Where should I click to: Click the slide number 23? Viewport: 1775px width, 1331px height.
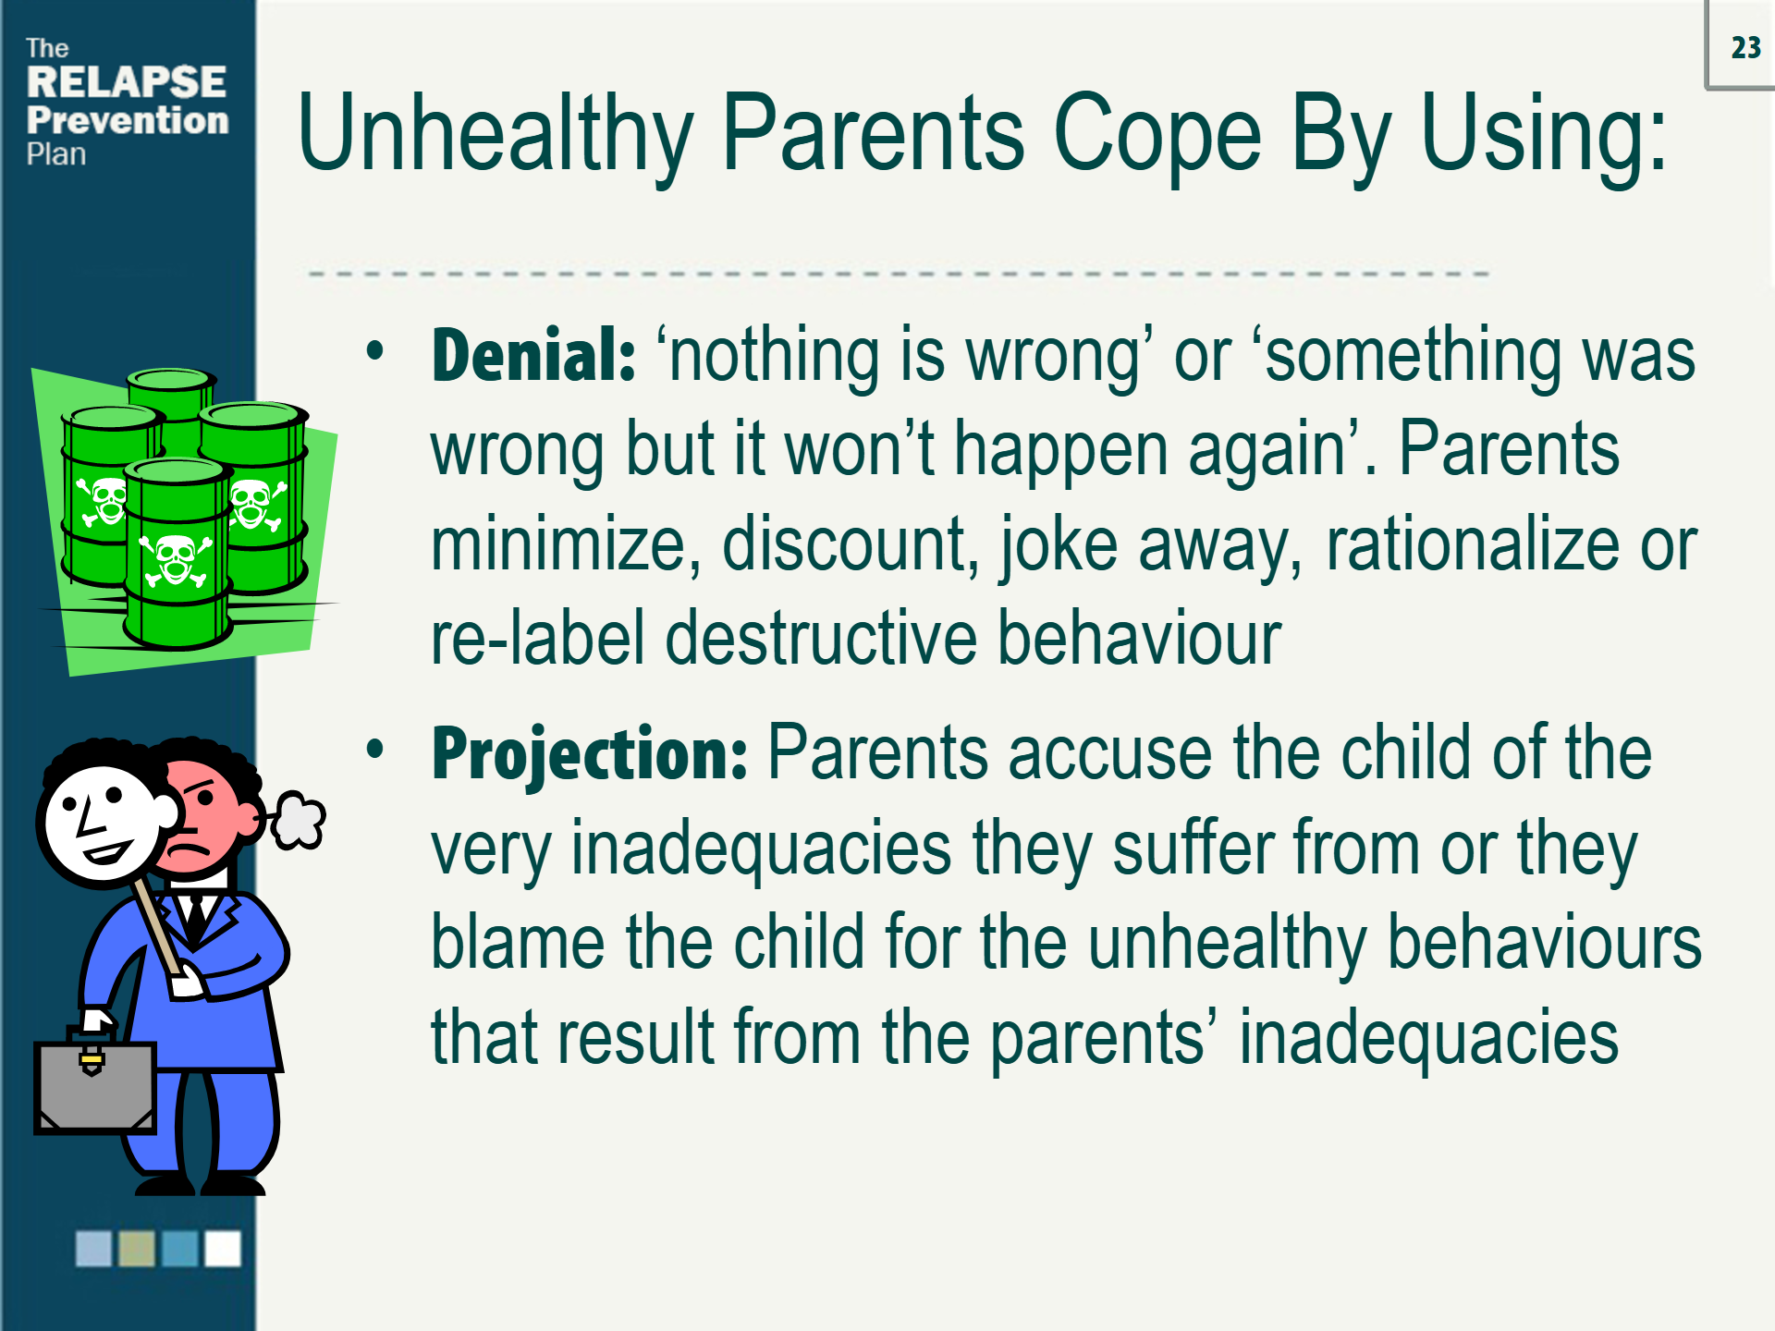click(x=1745, y=48)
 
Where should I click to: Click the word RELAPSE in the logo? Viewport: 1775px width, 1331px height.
click(x=126, y=82)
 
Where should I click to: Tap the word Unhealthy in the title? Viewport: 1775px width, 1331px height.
click(x=495, y=134)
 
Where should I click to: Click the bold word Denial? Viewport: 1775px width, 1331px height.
click(x=533, y=356)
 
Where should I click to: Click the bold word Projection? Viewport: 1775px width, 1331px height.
click(x=589, y=754)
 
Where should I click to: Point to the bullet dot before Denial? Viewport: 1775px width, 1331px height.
click(x=374, y=351)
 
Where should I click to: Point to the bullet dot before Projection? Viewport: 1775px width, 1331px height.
click(x=374, y=749)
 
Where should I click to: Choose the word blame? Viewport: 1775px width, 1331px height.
click(x=518, y=944)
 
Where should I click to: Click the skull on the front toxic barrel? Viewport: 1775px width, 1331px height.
click(x=175, y=560)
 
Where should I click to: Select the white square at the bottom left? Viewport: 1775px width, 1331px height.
click(x=223, y=1249)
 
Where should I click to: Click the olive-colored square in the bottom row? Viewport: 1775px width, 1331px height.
click(x=137, y=1249)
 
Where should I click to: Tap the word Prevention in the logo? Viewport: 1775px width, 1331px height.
click(x=128, y=121)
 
